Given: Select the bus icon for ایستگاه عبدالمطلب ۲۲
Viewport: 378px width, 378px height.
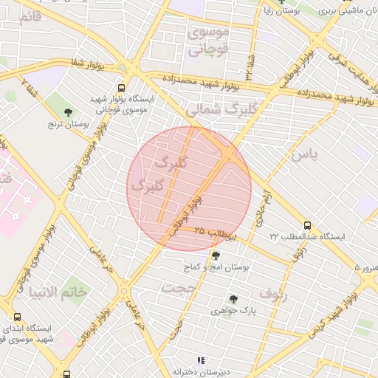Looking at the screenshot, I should pos(307,225).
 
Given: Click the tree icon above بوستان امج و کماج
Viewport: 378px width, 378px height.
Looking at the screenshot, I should pos(215,256).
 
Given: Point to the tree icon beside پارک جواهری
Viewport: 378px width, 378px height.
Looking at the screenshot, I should pos(233,299).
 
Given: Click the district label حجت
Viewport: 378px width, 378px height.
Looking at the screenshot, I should pos(182,286).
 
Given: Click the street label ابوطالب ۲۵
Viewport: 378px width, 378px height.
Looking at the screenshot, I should pos(215,233).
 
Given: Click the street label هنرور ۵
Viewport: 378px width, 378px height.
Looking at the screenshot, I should pos(365,267).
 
